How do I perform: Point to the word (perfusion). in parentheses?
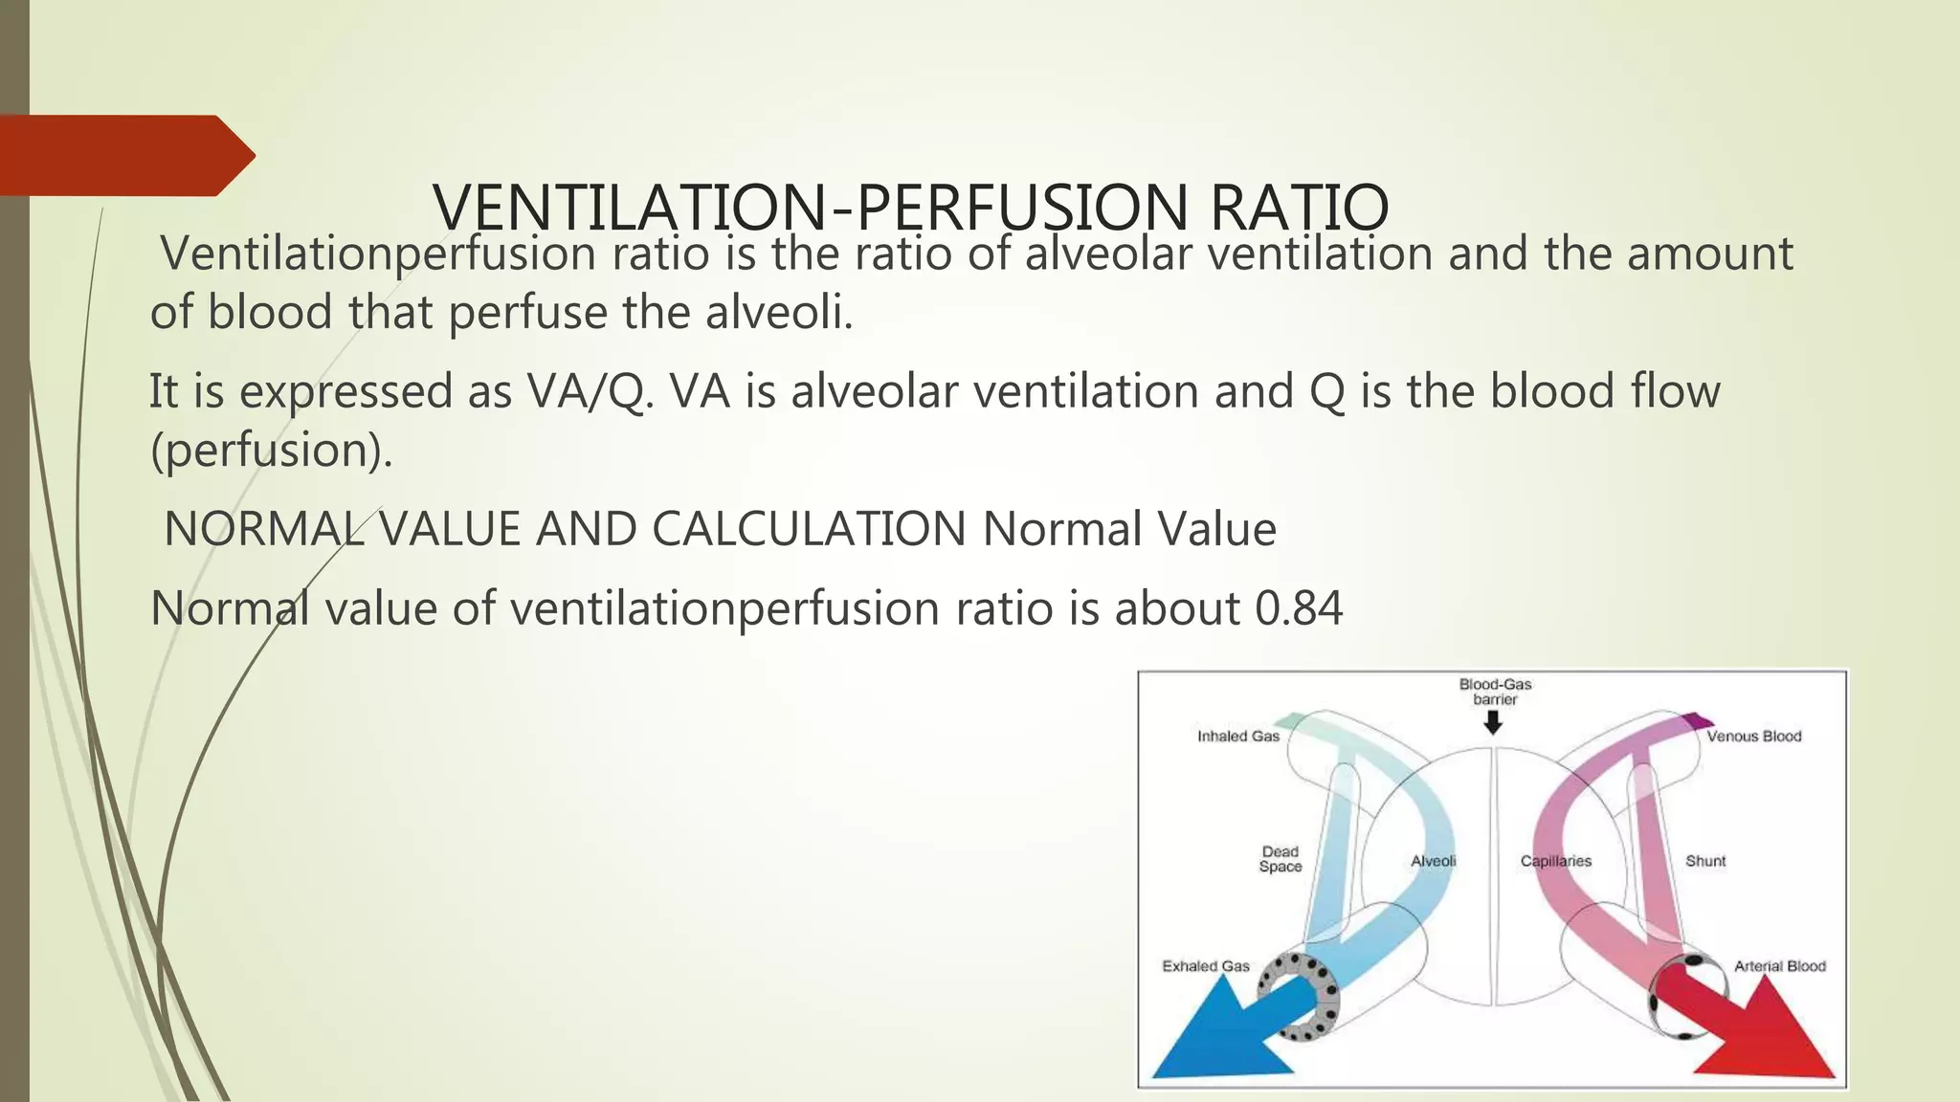(272, 451)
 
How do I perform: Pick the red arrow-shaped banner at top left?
(124, 155)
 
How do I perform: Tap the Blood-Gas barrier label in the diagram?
(1495, 692)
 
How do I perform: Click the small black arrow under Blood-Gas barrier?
(1493, 723)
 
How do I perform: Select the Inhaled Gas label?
(1238, 737)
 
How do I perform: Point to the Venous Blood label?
(1753, 737)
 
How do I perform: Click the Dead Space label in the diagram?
(1281, 859)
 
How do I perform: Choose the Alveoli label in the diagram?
(1433, 861)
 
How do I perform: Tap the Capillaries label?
(1555, 861)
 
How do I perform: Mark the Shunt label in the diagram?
(1705, 861)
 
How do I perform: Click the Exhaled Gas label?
(1206, 966)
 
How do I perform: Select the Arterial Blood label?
(1780, 966)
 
